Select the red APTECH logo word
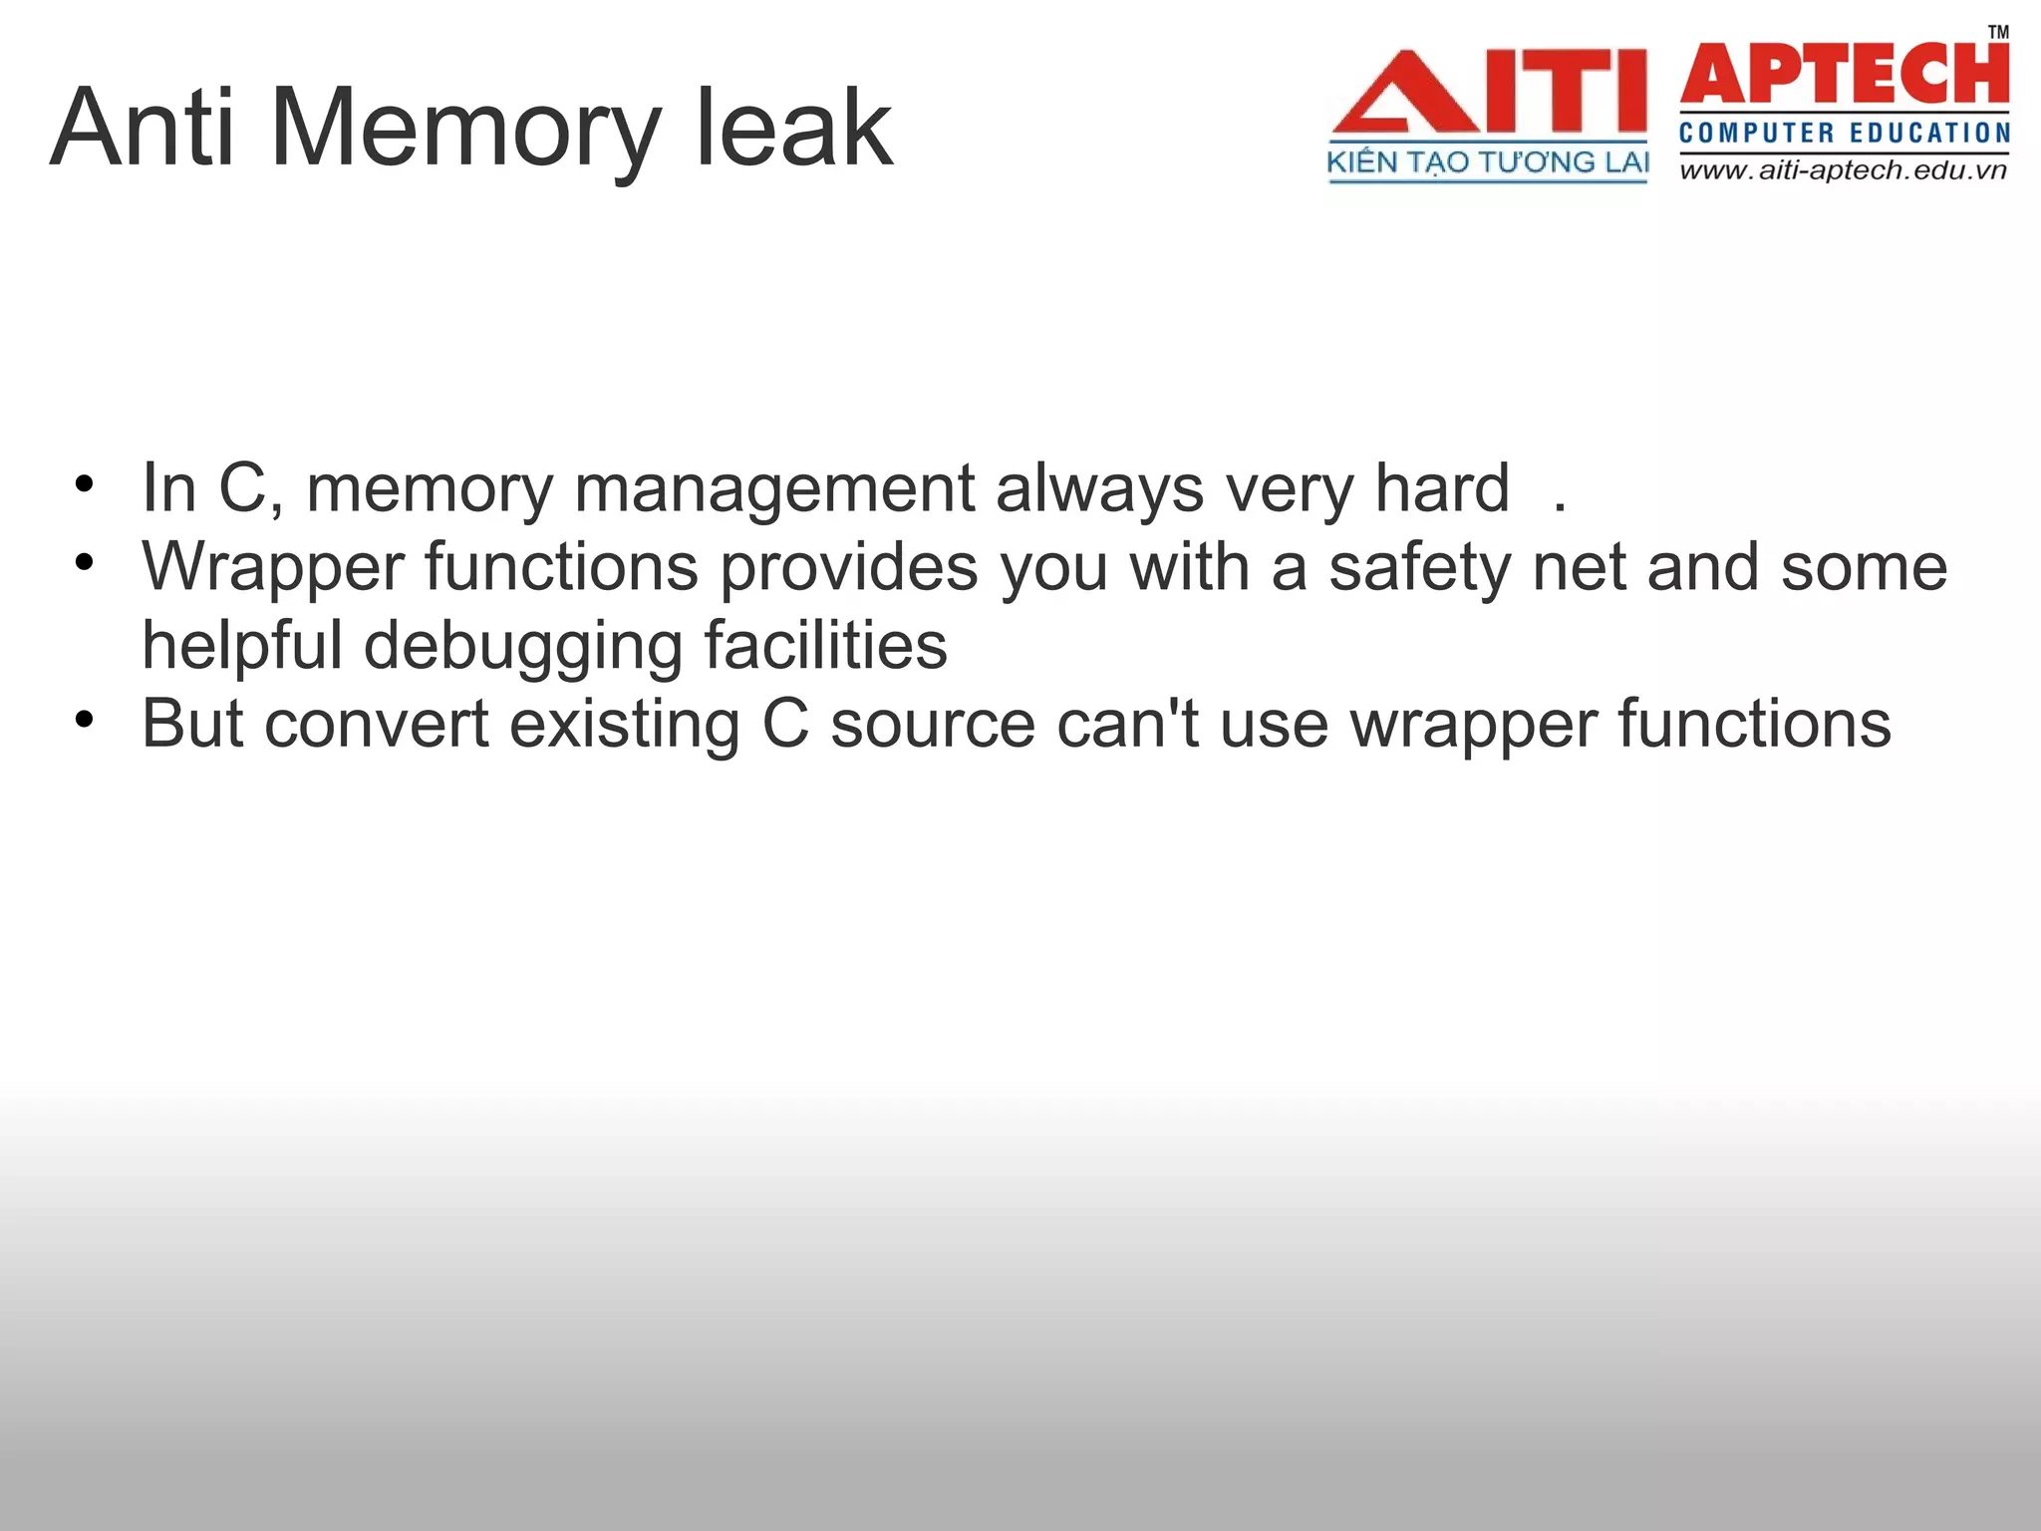tap(1844, 74)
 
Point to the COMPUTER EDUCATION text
tap(1844, 133)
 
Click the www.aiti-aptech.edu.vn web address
tap(1843, 170)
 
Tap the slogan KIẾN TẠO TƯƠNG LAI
tap(1488, 163)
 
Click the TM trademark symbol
tap(1998, 32)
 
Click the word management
tap(774, 489)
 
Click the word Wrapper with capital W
tap(273, 568)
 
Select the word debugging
tap(523, 647)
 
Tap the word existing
tap(625, 725)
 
